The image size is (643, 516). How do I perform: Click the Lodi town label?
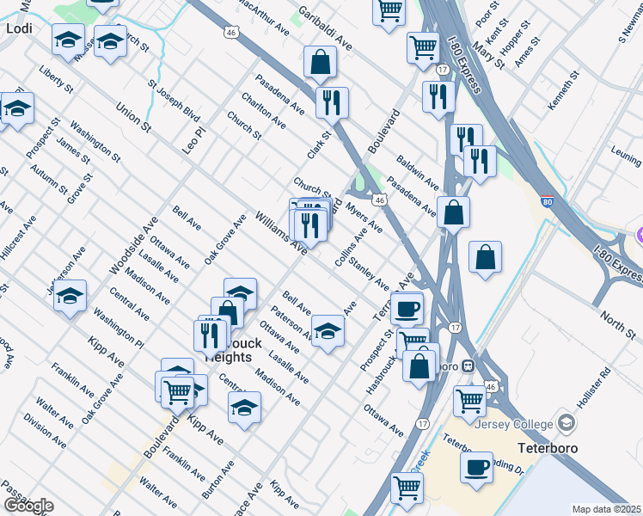[18, 28]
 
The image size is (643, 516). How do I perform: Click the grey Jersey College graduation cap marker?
[566, 422]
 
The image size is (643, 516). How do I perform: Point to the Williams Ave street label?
[281, 232]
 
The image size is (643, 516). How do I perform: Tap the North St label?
[617, 326]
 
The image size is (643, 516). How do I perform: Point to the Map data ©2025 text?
[607, 509]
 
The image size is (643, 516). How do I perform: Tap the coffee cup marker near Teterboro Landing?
[476, 467]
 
